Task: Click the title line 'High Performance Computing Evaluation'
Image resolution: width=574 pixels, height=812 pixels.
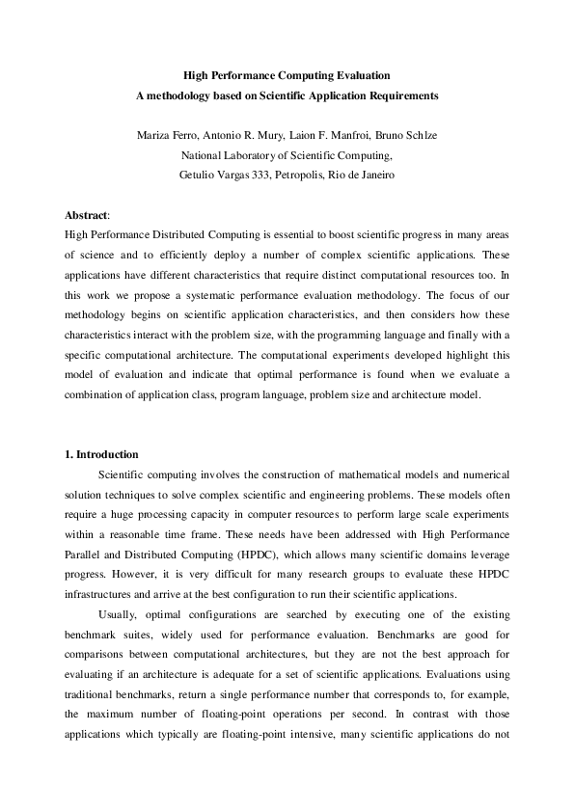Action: pos(287,74)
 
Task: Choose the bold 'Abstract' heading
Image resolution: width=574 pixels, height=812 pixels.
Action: pos(86,214)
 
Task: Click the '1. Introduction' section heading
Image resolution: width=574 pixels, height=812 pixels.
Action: pos(101,454)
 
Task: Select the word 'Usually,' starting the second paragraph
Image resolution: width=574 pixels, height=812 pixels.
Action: pos(118,614)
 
